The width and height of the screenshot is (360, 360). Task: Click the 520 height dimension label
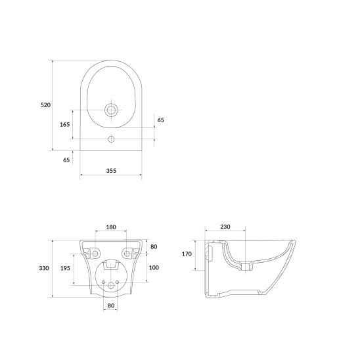click(x=45, y=105)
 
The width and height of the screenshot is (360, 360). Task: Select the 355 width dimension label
click(x=111, y=171)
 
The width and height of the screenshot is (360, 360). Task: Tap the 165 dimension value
click(x=65, y=124)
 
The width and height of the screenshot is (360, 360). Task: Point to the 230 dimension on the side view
click(x=225, y=227)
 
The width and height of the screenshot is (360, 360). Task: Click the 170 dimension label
click(x=187, y=254)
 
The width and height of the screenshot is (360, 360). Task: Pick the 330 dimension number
click(x=44, y=268)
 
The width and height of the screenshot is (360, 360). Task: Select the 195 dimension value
click(x=65, y=268)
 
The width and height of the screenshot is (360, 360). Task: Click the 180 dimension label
click(x=111, y=227)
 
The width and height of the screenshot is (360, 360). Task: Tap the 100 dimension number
click(x=154, y=267)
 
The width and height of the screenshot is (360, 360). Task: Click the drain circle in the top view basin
click(x=112, y=110)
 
